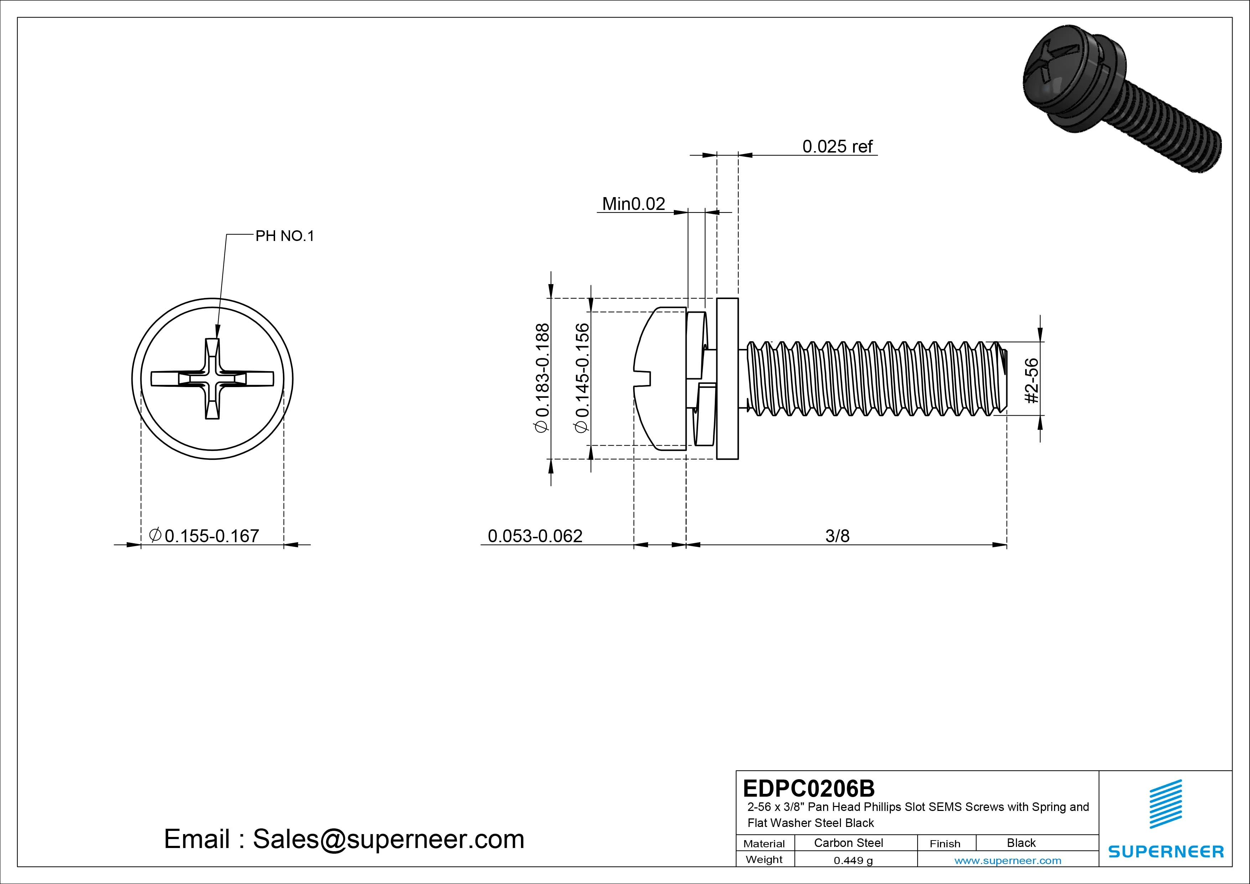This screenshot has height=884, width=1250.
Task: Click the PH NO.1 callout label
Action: (285, 236)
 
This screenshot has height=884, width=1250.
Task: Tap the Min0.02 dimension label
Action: (633, 204)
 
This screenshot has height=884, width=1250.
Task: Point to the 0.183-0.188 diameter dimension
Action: (543, 378)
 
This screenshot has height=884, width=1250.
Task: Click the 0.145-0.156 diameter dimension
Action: (582, 378)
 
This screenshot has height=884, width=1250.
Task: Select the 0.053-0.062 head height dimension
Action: (534, 536)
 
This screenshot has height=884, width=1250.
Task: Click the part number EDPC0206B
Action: (809, 788)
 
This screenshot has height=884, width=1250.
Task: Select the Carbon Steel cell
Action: (848, 843)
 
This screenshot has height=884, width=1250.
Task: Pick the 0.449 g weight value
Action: (853, 860)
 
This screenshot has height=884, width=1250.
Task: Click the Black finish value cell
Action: (1021, 843)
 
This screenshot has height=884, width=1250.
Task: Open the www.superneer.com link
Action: (1008, 860)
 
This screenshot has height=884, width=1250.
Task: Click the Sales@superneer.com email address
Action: (388, 839)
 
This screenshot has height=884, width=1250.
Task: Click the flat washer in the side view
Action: (727, 379)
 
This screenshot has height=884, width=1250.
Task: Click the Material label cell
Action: (764, 843)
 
